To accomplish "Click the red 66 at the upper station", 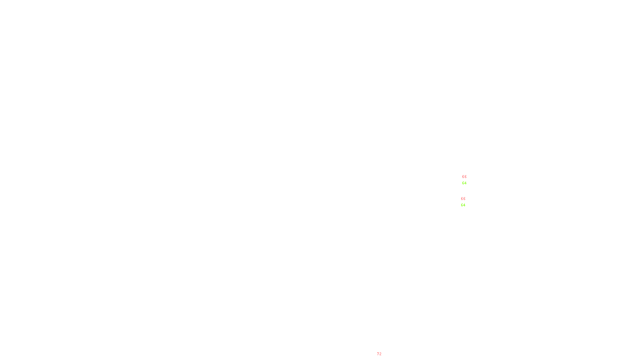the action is [464, 176].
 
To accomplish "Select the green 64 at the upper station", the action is [464, 183].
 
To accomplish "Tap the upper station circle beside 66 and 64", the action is [468, 180].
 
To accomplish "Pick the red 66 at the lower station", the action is [463, 198].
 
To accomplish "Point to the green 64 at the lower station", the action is [463, 205].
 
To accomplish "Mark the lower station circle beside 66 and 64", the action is [467, 202].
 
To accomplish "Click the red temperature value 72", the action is [379, 354].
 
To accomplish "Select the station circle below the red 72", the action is [383, 358].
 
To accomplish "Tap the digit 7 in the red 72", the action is [378, 354].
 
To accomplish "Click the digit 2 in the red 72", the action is [380, 354].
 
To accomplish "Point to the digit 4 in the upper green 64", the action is [465, 183].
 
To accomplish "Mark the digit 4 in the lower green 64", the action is [464, 205].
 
